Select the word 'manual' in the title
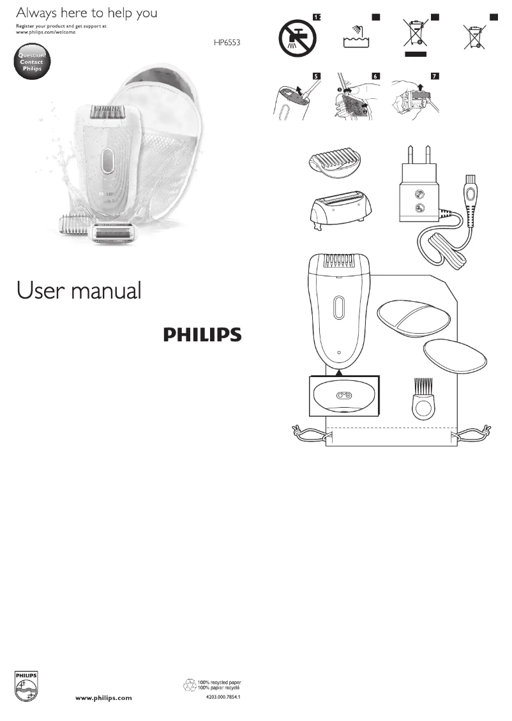(107, 291)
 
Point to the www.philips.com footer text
(104, 698)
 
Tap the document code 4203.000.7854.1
(223, 697)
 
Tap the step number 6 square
(375, 76)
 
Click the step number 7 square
(435, 76)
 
